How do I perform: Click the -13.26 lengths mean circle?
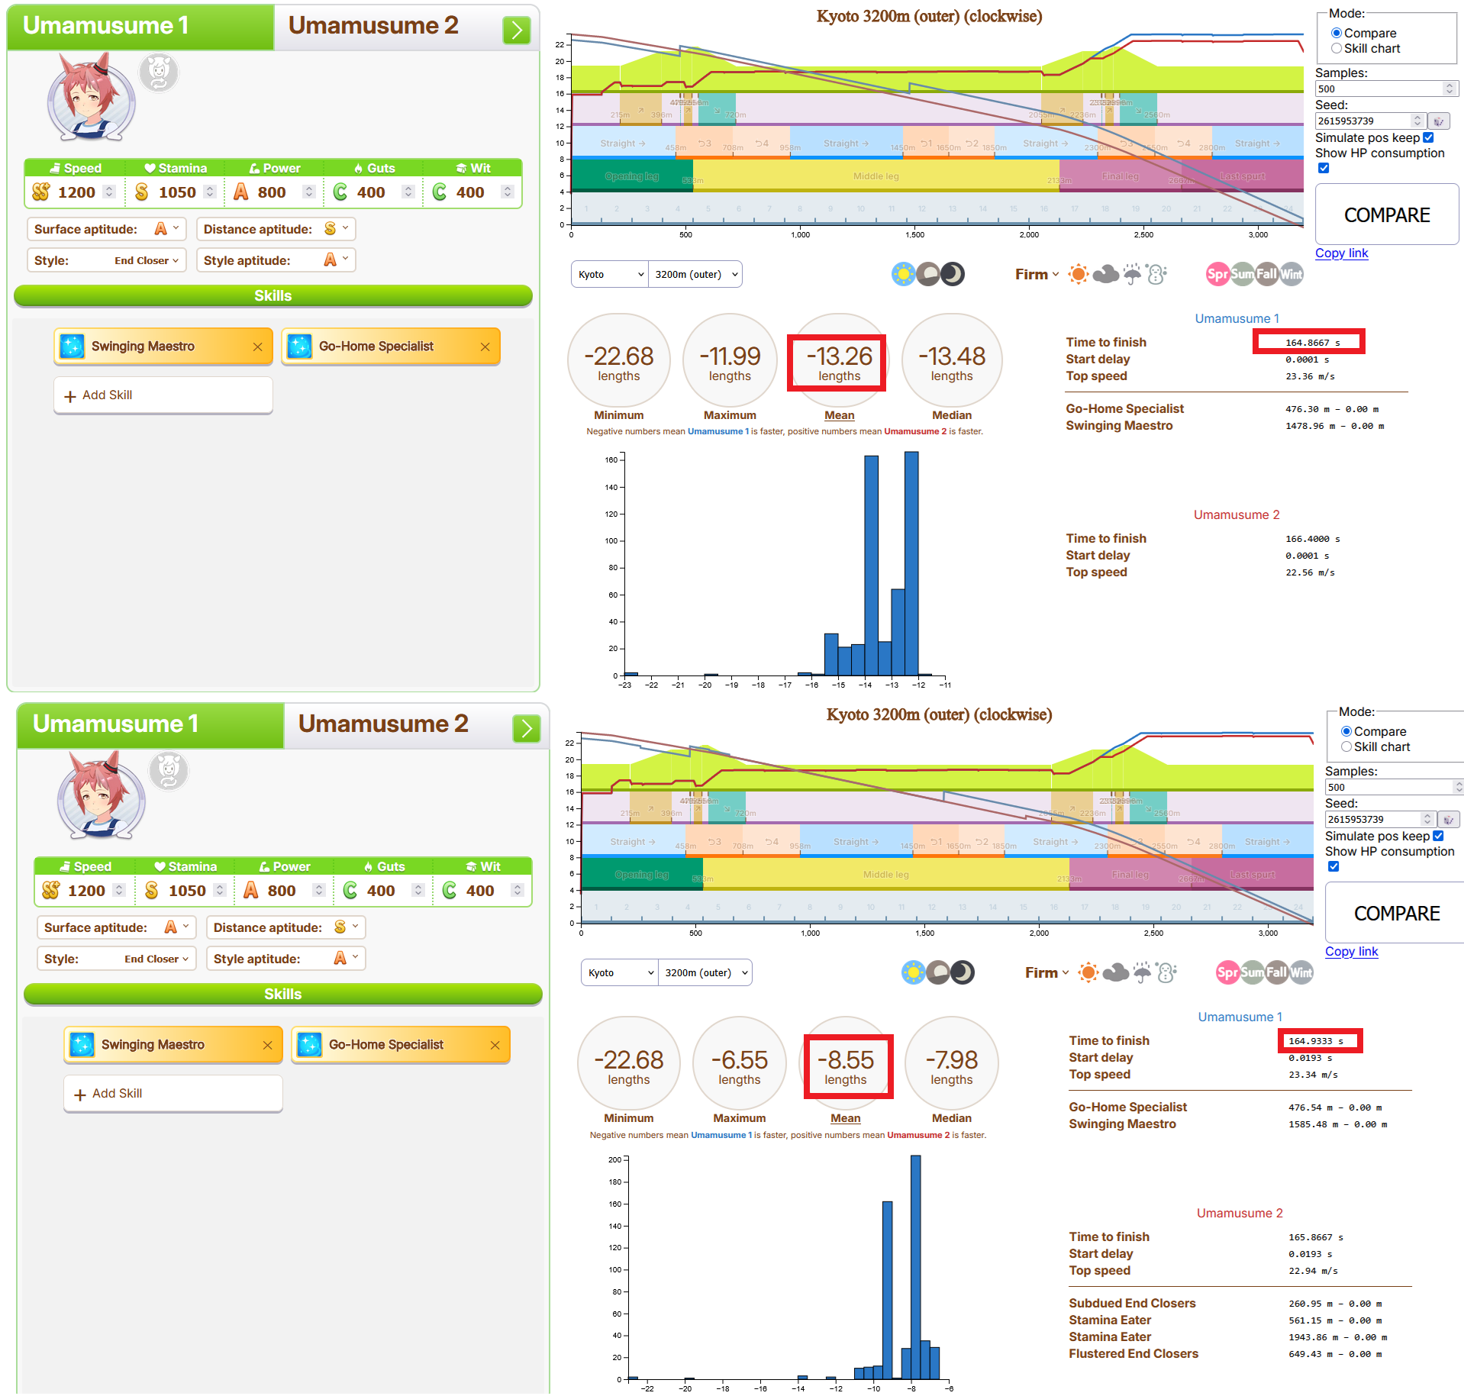tap(839, 363)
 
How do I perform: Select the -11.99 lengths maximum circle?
tap(730, 363)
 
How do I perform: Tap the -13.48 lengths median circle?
tap(951, 363)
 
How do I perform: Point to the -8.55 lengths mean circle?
tap(845, 1066)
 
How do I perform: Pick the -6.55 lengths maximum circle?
tap(739, 1066)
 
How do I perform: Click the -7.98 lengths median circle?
tap(951, 1066)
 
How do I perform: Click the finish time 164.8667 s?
tap(1312, 343)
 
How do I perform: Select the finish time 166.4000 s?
tap(1312, 539)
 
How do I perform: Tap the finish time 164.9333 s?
tap(1315, 1041)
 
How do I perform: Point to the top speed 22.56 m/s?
tap(1310, 572)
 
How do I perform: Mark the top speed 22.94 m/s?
tap(1313, 1271)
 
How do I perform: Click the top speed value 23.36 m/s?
tap(1310, 376)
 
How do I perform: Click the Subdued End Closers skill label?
tap(1132, 1304)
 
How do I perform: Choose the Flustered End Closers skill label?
tap(1133, 1354)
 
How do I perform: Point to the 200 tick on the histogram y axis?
tap(614, 1159)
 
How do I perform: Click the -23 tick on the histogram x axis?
tap(625, 685)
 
